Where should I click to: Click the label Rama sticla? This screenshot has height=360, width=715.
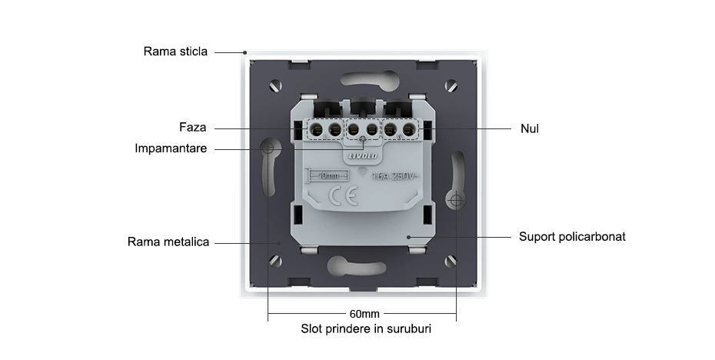coord(175,52)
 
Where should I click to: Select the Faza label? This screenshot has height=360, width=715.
coord(192,128)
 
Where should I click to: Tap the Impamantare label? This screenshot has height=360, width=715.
coord(171,148)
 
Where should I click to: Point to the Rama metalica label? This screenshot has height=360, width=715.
coord(168,242)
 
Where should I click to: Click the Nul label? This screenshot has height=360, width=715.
coord(529,129)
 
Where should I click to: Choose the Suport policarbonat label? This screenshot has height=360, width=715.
coord(572,237)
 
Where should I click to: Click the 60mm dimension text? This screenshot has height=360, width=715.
coord(364,314)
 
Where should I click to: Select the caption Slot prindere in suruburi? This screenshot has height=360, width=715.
coord(365,329)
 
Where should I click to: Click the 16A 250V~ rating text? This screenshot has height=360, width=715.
coord(394,176)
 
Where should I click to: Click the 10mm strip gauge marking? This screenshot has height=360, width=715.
coord(327,176)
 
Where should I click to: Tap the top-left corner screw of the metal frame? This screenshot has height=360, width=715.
coord(273,83)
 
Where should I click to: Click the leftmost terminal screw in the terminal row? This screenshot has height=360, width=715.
coord(316,129)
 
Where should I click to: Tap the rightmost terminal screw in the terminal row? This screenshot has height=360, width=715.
coord(408,129)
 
